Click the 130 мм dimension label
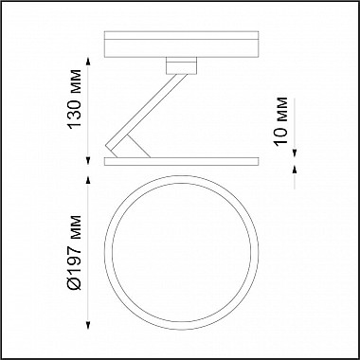point(75,99)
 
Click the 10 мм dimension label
point(281,121)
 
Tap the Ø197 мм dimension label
point(75,252)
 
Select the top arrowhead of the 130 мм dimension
point(88,62)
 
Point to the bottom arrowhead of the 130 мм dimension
point(88,161)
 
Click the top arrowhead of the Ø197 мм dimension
point(88,180)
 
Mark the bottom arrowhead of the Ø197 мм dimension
point(88,326)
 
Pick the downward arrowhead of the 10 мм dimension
point(295,153)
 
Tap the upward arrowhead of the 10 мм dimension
point(295,170)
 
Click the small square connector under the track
point(181,65)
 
